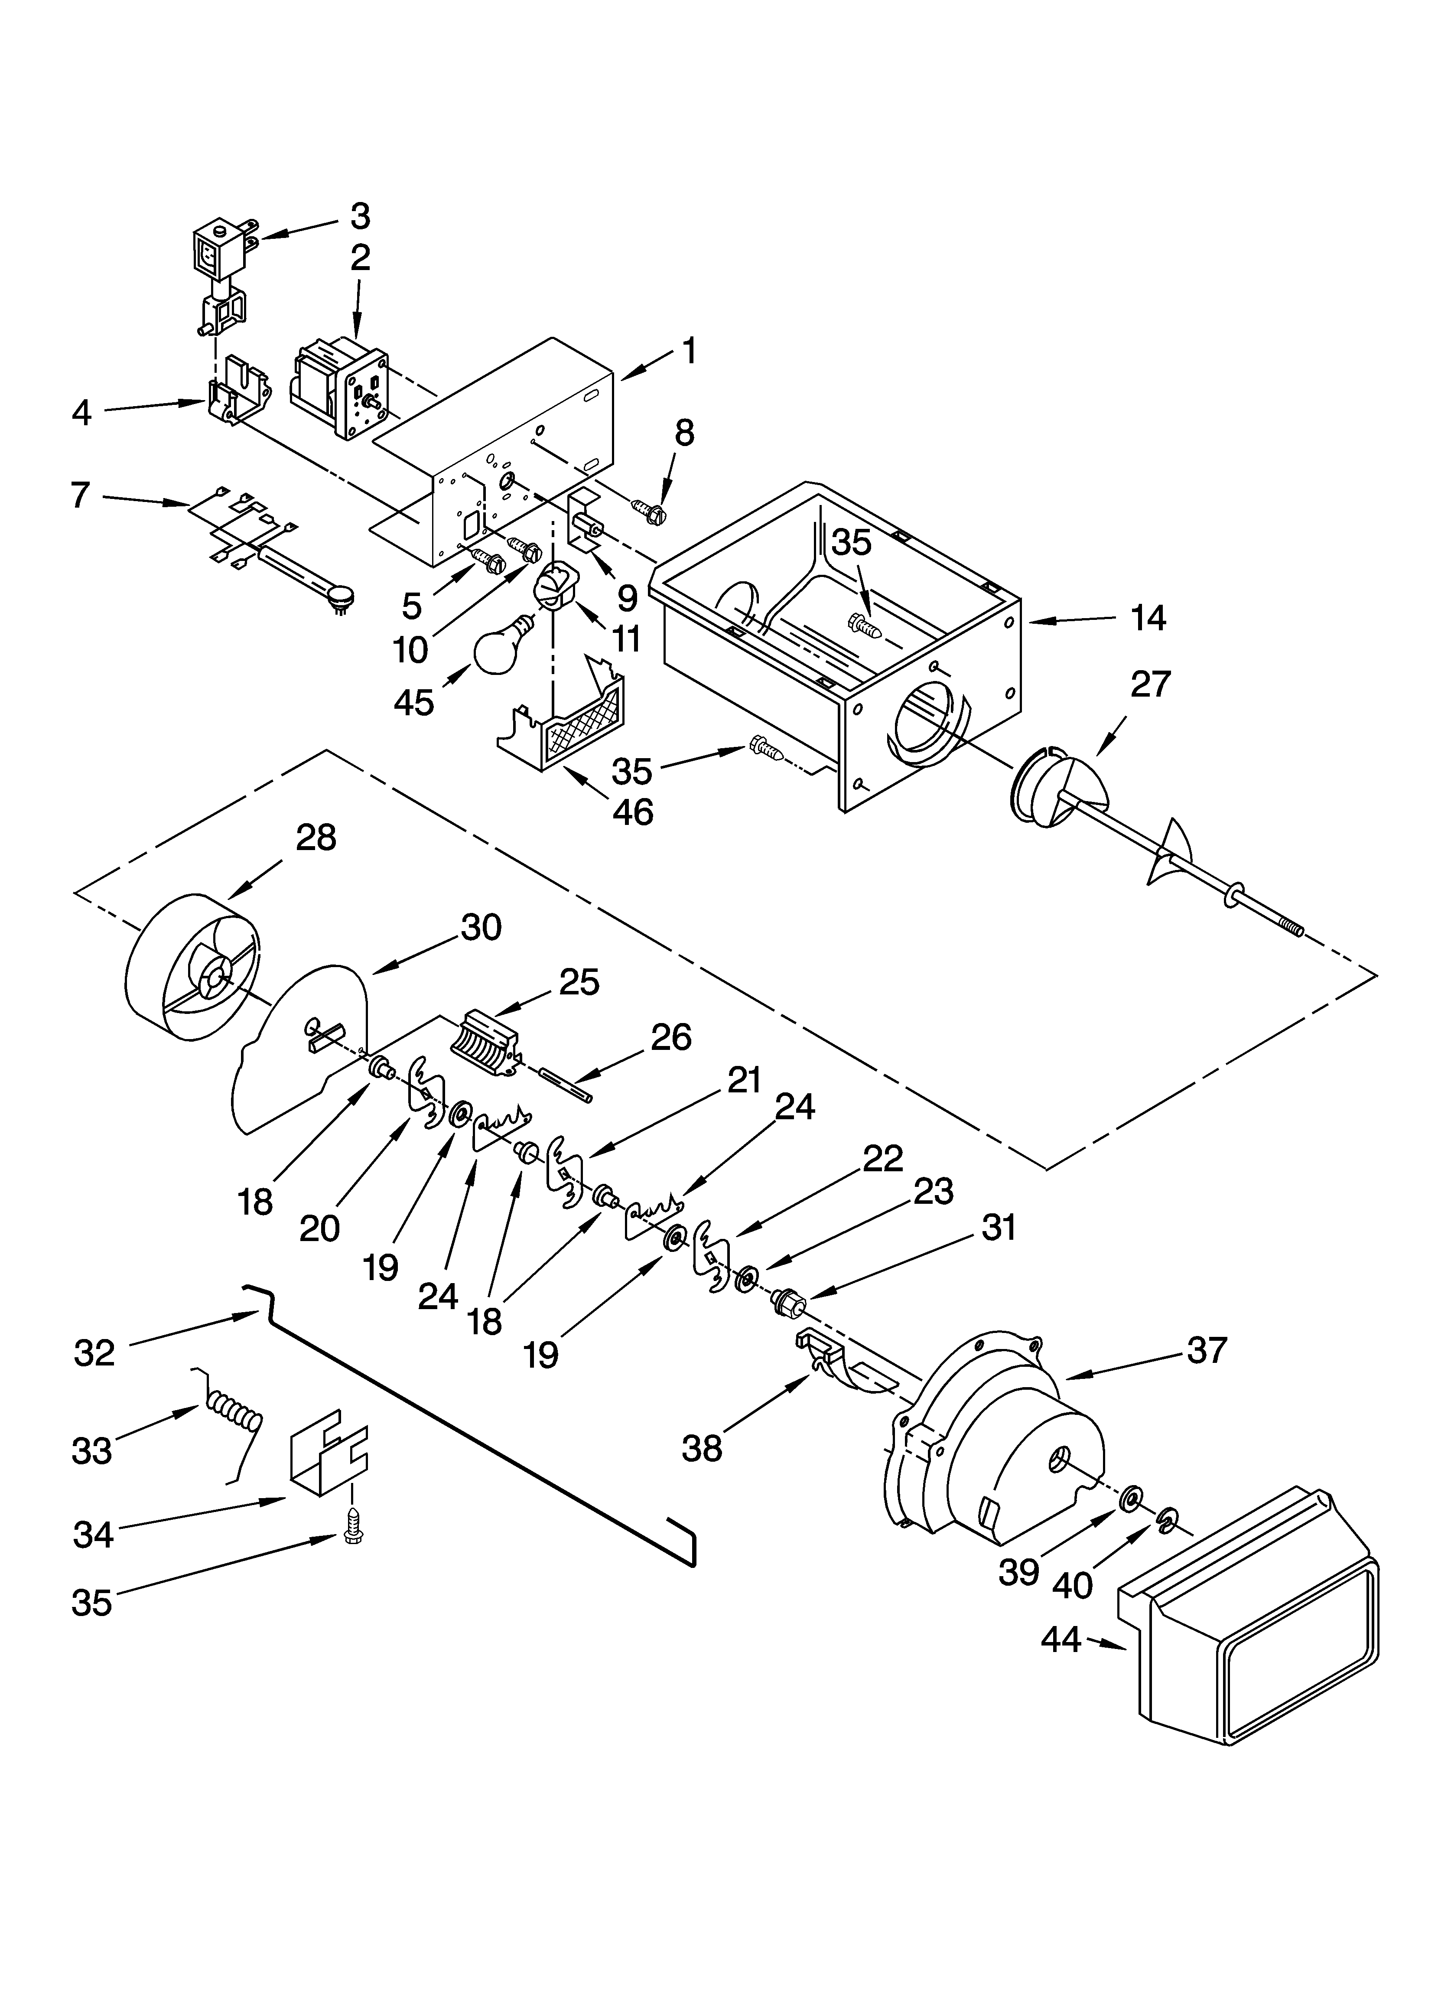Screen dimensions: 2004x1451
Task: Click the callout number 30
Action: tap(481, 927)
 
